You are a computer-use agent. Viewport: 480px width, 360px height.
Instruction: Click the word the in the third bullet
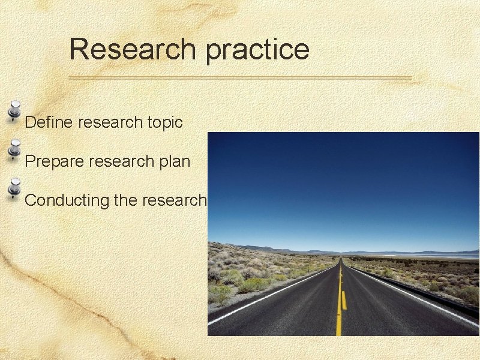(125, 200)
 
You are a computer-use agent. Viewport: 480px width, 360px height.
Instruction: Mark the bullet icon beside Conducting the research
(15, 188)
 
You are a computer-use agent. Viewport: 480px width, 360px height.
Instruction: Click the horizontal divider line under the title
(240, 78)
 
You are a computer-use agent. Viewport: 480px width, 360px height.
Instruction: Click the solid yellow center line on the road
(339, 312)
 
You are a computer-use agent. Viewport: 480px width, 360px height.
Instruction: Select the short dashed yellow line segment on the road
(344, 300)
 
